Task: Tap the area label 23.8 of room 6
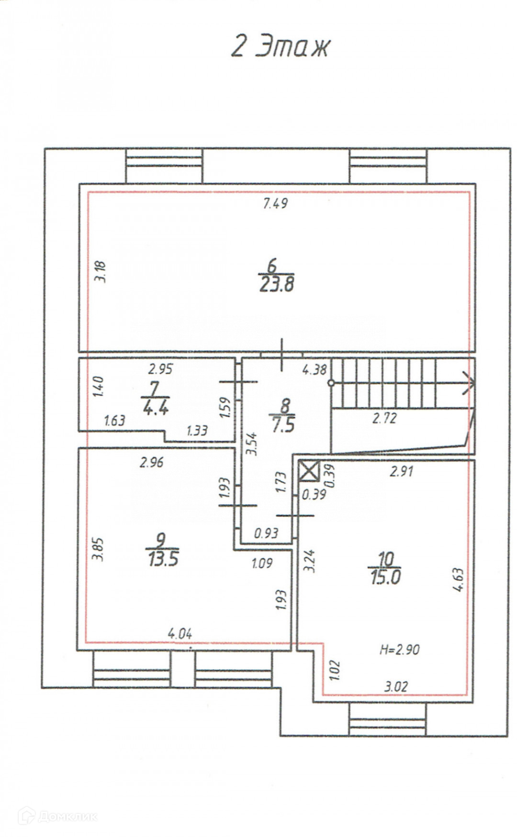click(x=277, y=285)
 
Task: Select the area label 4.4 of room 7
click(x=155, y=408)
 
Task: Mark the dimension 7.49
click(x=275, y=204)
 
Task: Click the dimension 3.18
click(x=101, y=271)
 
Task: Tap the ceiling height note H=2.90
click(x=399, y=650)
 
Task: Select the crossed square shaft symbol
click(x=309, y=470)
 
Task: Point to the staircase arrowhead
click(x=469, y=383)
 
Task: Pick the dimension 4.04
click(x=180, y=634)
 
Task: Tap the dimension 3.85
click(x=98, y=549)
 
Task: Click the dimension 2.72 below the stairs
click(x=384, y=419)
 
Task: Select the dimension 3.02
click(x=396, y=687)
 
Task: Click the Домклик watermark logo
click(x=57, y=816)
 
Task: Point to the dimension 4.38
click(x=314, y=369)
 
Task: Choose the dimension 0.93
click(x=266, y=533)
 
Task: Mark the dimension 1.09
click(x=262, y=563)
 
